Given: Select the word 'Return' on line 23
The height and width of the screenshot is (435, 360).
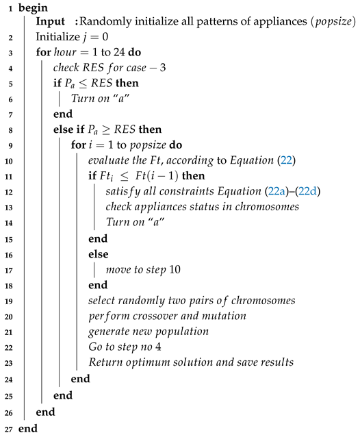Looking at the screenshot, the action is (x=105, y=363).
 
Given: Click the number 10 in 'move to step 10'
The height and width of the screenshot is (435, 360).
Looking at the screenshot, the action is (x=173, y=269).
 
